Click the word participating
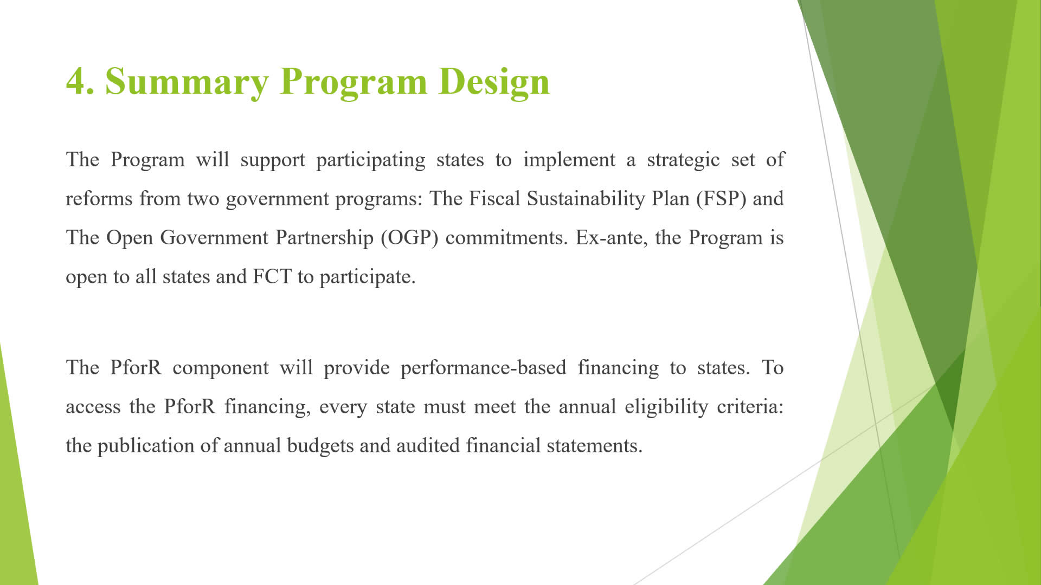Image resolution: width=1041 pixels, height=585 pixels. click(371, 160)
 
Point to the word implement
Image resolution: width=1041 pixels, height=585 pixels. click(569, 160)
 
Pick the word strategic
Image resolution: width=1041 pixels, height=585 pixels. click(683, 160)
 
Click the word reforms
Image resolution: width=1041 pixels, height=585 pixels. click(99, 199)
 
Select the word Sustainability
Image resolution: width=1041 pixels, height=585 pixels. click(586, 199)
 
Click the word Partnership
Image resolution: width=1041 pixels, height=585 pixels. click(324, 238)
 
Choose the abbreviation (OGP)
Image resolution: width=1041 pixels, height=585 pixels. click(409, 238)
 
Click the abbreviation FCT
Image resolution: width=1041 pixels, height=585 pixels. click(272, 277)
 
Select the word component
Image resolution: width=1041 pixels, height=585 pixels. click(221, 368)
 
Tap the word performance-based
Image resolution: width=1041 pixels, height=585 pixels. click(483, 368)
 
